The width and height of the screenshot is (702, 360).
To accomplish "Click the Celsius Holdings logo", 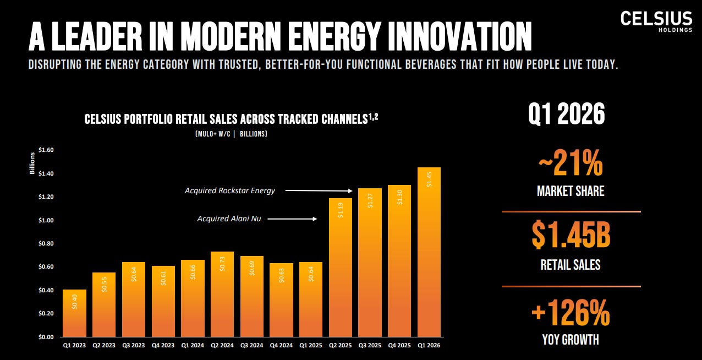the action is tap(656, 21).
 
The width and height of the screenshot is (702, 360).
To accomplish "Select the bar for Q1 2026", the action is tap(429, 252).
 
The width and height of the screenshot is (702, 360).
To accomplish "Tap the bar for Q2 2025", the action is tap(341, 268).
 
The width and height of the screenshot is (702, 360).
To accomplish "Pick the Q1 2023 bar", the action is tap(75, 313).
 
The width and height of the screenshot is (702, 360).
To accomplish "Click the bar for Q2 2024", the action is tap(222, 294).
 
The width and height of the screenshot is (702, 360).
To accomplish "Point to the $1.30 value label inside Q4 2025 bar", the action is tap(399, 197).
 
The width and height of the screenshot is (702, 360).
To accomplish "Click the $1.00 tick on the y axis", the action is tap(46, 220).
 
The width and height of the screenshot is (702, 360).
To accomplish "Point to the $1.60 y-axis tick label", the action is tap(46, 150).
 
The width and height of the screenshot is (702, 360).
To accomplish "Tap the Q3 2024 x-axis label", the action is tap(251, 345).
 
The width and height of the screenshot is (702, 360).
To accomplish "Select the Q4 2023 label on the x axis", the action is tap(163, 345).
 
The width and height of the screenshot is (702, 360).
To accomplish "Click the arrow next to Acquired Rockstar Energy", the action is tap(319, 190).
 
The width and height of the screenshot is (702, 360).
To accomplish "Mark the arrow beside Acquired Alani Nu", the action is tap(292, 219).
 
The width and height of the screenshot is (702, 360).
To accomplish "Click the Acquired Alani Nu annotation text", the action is tap(229, 219).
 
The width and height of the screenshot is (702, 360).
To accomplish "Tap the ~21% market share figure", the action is tap(571, 163).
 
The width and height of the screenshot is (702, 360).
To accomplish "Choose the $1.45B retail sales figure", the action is tap(571, 235).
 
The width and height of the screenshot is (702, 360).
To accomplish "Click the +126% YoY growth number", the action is tap(571, 313).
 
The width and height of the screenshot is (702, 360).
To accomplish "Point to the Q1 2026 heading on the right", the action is tap(567, 114).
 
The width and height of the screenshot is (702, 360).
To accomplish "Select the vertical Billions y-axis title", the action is tap(32, 163).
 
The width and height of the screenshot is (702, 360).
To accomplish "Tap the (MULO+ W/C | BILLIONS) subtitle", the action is tap(231, 134).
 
